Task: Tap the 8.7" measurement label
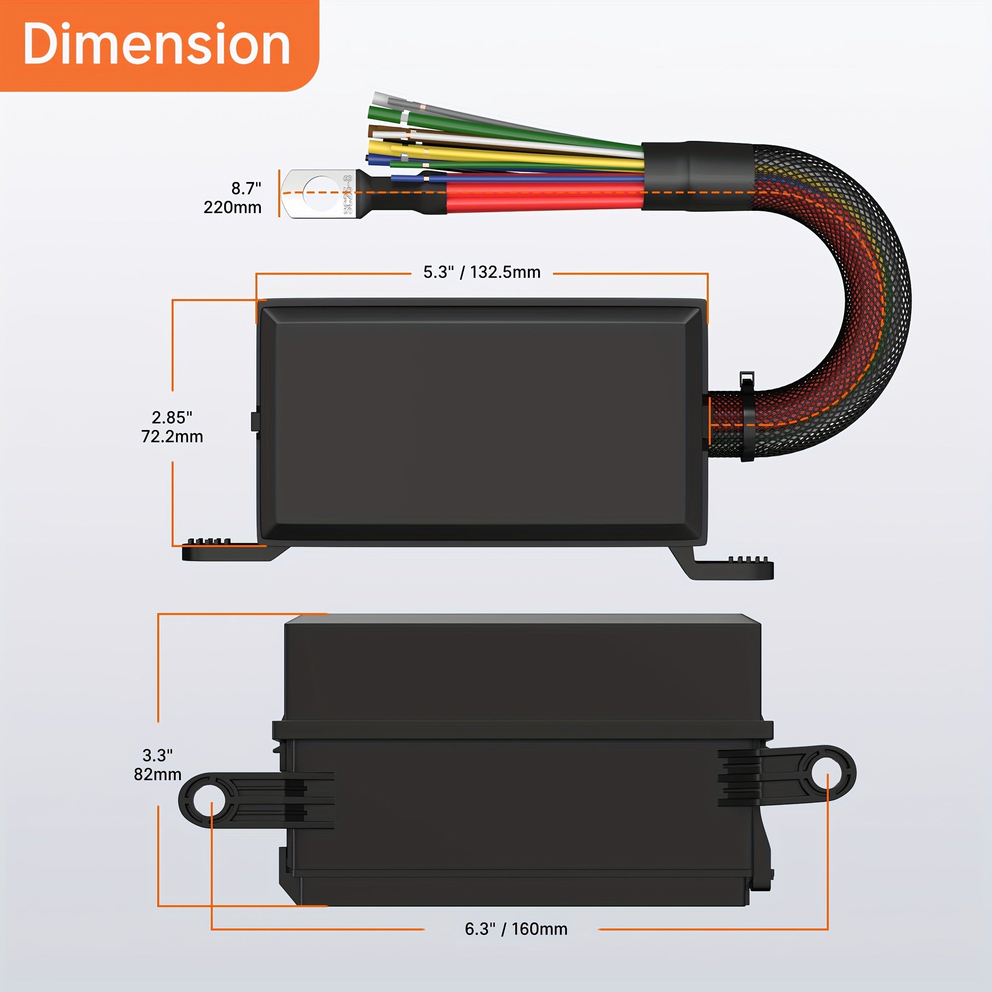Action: coord(246,188)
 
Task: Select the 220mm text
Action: coord(232,207)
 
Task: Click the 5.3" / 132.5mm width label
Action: coord(482,272)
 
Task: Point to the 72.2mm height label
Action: coord(172,437)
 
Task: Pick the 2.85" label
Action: coord(172,418)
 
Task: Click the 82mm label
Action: coord(158,774)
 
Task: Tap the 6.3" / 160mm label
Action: coord(516,929)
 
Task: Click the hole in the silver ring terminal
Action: coord(322,193)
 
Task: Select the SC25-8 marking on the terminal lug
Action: coord(348,194)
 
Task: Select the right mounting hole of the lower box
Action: coord(827,774)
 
